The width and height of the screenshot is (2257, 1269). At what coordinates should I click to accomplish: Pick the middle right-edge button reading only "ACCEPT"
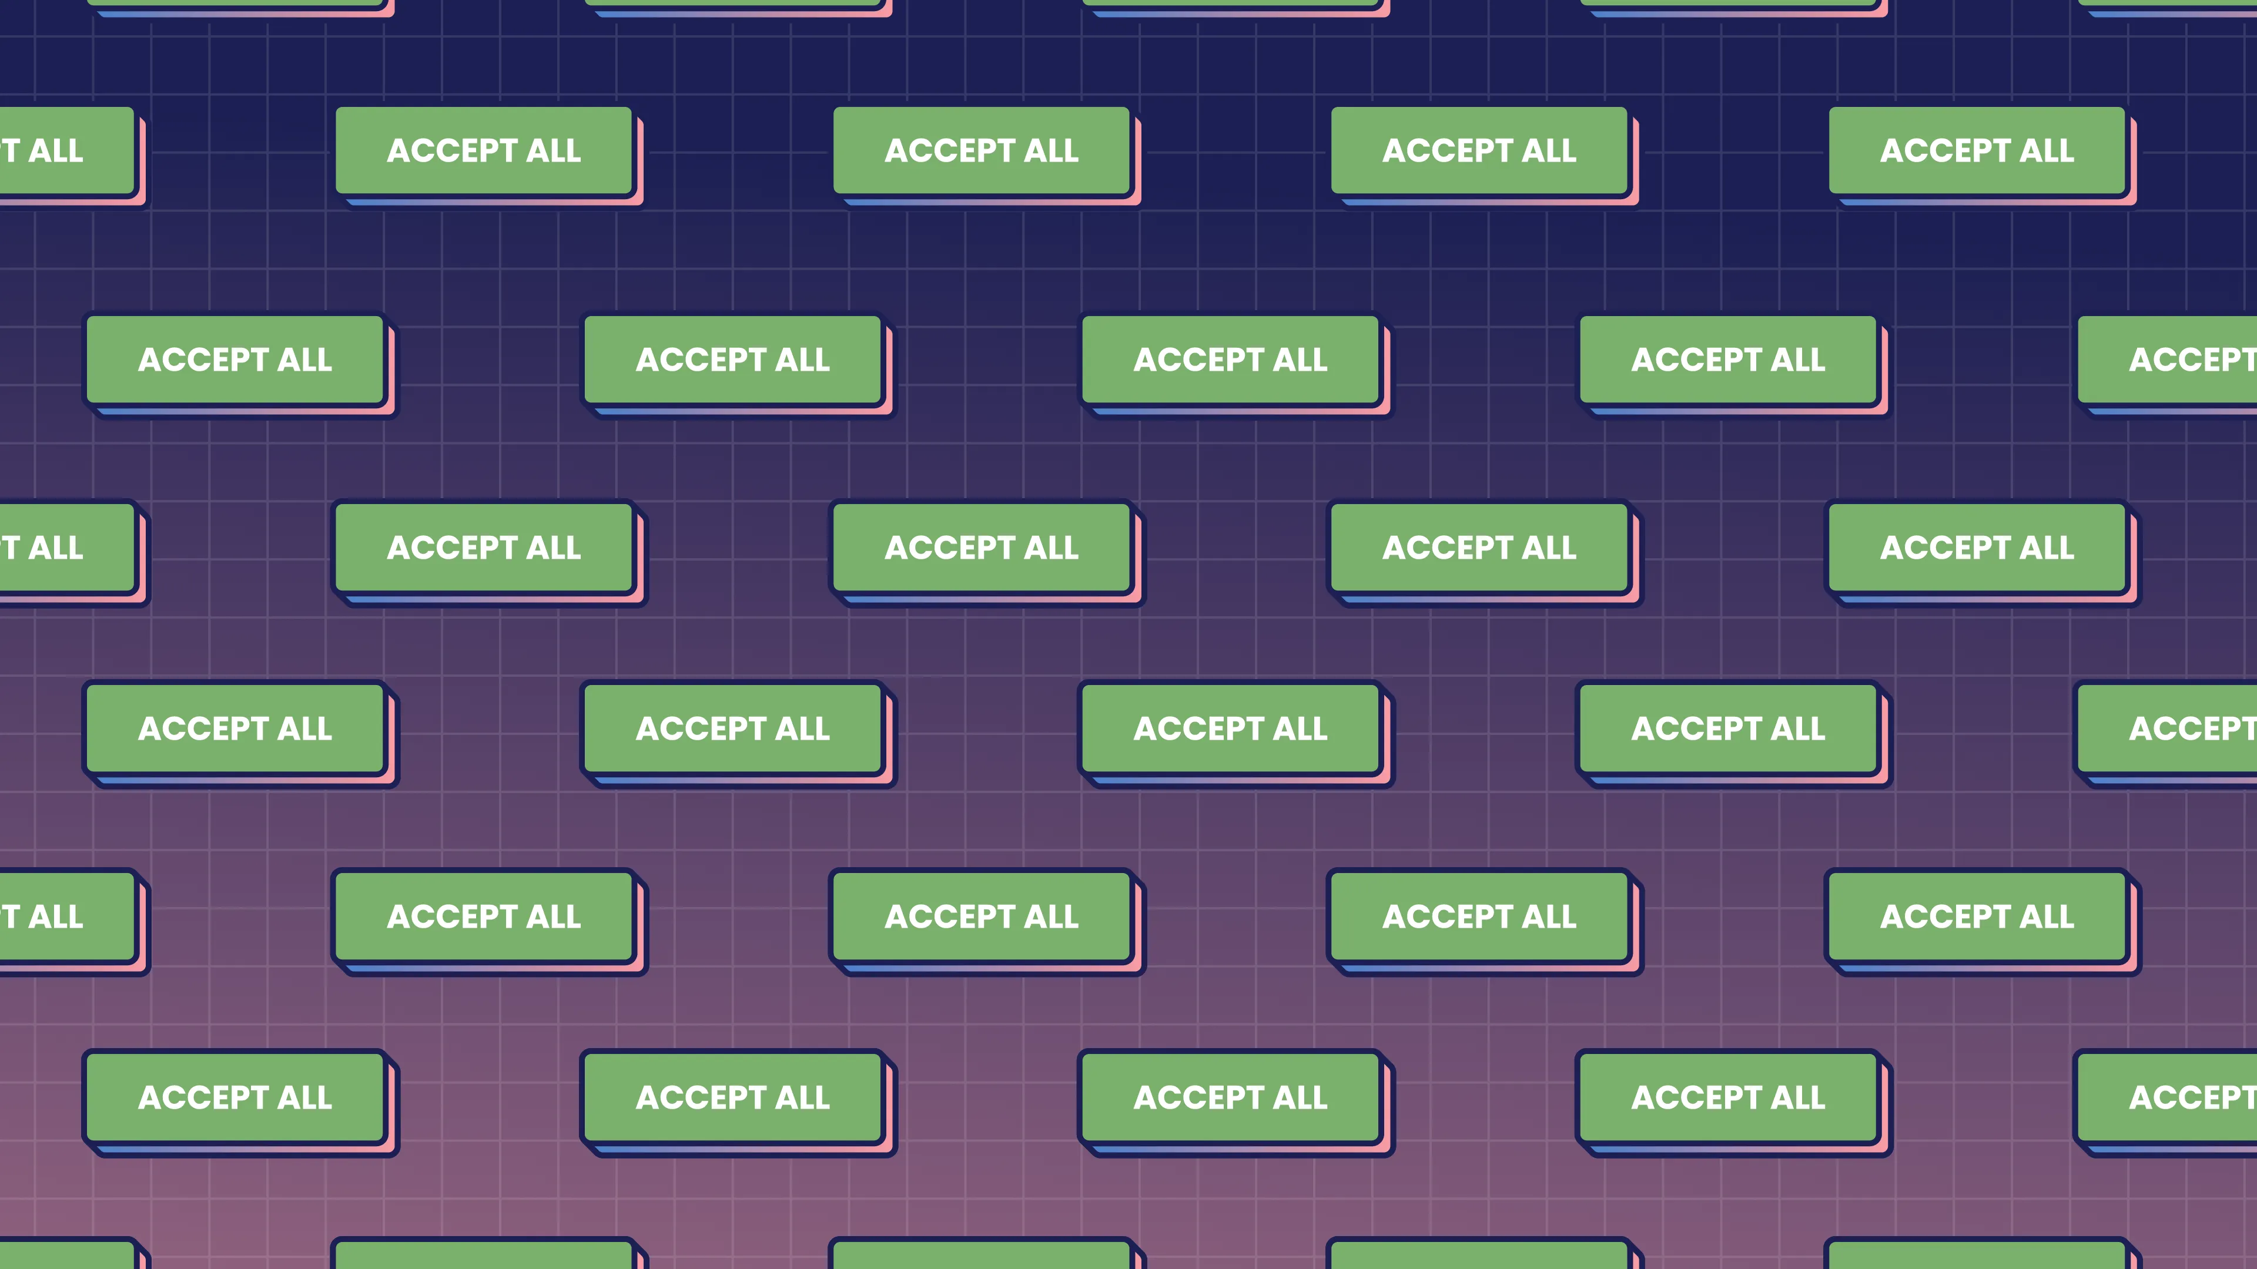pyautogui.click(x=2182, y=728)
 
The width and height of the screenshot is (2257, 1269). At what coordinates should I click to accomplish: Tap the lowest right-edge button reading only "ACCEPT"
pyautogui.click(x=2182, y=1097)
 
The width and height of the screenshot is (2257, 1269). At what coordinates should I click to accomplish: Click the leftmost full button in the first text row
pyautogui.click(x=484, y=150)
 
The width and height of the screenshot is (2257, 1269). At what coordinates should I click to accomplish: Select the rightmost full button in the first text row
pyautogui.click(x=1977, y=150)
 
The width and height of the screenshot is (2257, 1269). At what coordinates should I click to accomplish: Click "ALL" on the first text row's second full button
pyautogui.click(x=1052, y=150)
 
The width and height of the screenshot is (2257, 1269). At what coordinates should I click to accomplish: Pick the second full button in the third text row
pyautogui.click(x=982, y=548)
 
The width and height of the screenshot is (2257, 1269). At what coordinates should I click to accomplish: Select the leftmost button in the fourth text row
pyautogui.click(x=235, y=728)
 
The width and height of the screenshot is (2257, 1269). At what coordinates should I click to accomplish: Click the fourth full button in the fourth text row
pyautogui.click(x=1728, y=728)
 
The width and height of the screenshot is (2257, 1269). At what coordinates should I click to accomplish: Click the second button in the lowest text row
pyautogui.click(x=732, y=1097)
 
